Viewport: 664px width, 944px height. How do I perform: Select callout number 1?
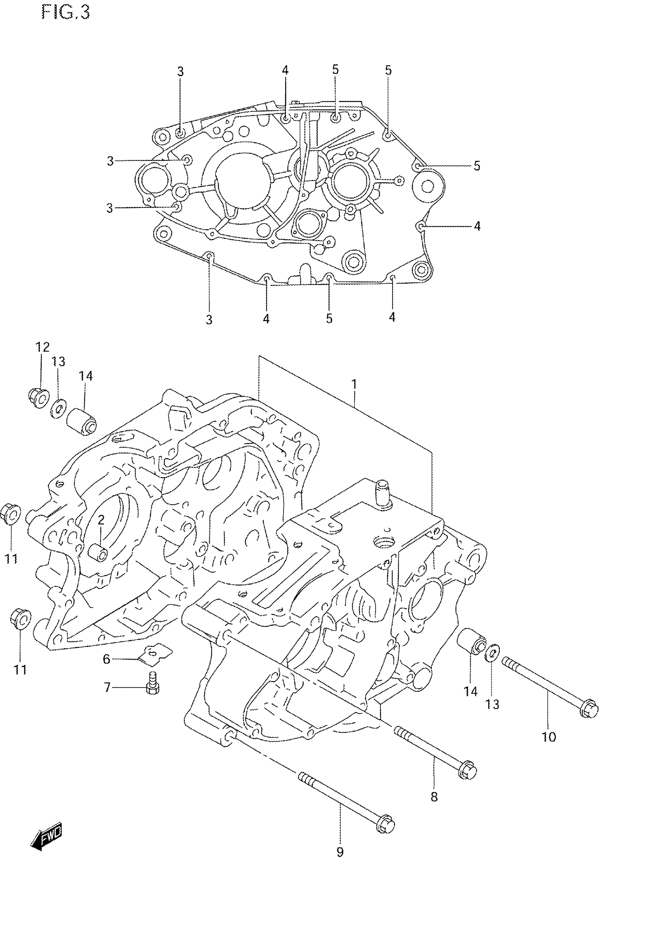pos(354,384)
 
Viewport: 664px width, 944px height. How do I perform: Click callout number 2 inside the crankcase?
pos(101,520)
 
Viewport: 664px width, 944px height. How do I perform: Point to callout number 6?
pos(106,659)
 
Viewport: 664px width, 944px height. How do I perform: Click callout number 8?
pos(434,796)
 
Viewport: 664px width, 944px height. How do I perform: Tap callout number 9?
pos(340,852)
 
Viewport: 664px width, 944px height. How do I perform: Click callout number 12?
pos(42,348)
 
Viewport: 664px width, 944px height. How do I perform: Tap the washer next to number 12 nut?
pos(59,408)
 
